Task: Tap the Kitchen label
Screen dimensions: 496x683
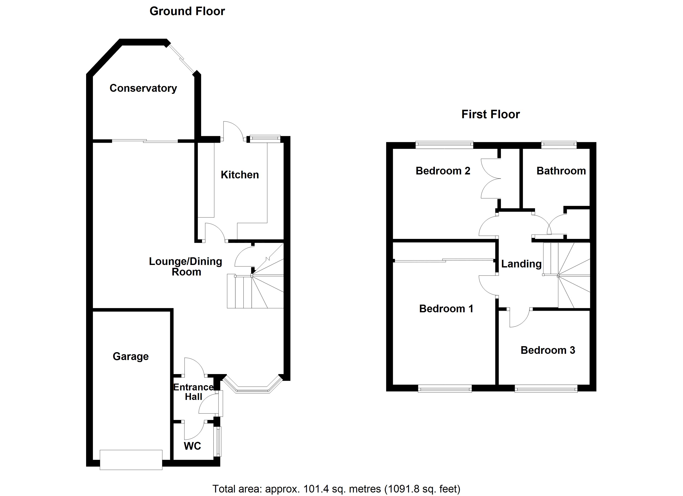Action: tap(240, 175)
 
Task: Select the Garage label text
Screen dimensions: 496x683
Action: tap(131, 356)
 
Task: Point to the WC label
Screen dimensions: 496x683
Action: tap(192, 446)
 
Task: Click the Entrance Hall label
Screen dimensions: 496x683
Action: tap(193, 392)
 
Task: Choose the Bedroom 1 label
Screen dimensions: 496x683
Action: tap(446, 309)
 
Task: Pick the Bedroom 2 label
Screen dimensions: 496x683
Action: tap(443, 171)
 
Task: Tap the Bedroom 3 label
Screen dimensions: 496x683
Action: tap(548, 350)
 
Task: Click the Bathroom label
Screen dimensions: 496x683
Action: tap(561, 171)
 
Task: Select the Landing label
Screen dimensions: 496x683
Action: tap(521, 264)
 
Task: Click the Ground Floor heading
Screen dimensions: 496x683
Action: tap(187, 11)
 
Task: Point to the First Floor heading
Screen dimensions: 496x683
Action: tap(491, 114)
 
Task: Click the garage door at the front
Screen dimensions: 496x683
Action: tap(131, 460)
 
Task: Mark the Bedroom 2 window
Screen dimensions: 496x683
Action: tap(444, 145)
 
